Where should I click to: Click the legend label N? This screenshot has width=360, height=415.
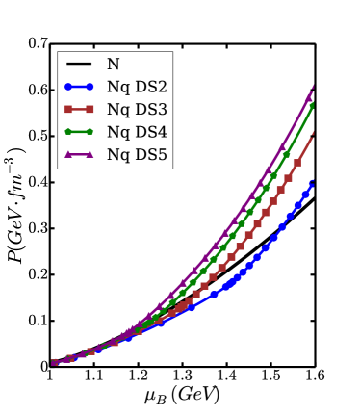113,65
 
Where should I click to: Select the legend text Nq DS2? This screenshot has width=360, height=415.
137,87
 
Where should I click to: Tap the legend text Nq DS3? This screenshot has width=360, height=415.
137,109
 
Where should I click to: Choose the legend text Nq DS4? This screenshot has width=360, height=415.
137,131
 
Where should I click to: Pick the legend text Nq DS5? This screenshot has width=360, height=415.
137,153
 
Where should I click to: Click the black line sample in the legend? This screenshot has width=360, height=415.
79,65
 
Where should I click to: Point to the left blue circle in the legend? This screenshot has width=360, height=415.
68,87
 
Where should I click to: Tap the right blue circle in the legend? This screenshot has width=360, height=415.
90,87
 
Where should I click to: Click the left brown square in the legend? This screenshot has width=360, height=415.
68,109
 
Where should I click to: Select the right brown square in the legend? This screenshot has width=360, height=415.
90,109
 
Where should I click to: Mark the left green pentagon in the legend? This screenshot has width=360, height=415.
68,131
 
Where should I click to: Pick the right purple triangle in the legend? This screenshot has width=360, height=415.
90,153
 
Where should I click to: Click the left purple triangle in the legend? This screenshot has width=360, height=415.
68,153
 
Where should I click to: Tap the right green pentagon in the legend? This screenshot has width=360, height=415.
90,131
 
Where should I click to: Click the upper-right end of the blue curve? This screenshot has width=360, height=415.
312,181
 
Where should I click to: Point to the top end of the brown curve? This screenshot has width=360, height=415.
313,137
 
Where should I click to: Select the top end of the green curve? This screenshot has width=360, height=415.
313,104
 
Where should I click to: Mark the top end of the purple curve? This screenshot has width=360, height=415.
313,89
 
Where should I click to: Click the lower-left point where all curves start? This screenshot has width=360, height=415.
54,363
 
